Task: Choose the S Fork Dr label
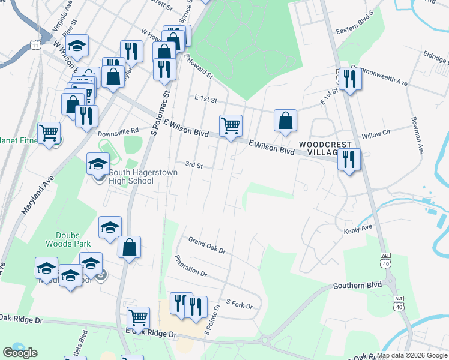[239, 304]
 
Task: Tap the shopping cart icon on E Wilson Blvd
[231, 126]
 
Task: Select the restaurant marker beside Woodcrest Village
[349, 160]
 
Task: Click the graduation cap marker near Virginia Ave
[77, 46]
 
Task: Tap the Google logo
[20, 353]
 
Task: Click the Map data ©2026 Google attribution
[412, 355]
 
